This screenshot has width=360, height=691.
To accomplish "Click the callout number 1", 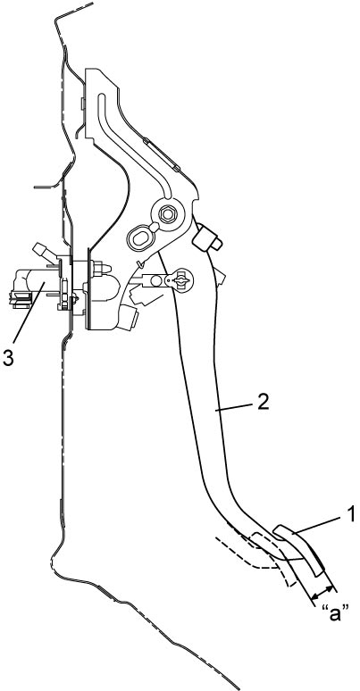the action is (x=350, y=514).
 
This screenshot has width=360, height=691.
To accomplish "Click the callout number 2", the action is (x=263, y=403).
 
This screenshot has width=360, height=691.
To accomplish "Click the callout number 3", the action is (x=8, y=358).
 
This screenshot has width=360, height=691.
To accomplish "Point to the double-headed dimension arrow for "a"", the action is (x=322, y=593).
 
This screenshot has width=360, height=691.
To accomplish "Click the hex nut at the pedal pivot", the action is (x=167, y=214).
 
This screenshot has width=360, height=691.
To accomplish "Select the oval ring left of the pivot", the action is (x=139, y=239).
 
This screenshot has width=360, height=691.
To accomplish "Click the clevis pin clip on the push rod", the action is (x=180, y=279).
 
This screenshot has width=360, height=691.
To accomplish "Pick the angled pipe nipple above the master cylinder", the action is (x=45, y=252).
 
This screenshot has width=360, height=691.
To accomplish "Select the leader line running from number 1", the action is (x=317, y=527).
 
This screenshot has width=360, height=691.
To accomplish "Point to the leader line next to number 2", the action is (x=235, y=407).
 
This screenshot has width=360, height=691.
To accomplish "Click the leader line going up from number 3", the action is (x=29, y=313).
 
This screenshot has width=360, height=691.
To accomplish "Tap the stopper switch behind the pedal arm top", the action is (x=206, y=237).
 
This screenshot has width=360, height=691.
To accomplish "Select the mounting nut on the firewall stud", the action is (x=98, y=269).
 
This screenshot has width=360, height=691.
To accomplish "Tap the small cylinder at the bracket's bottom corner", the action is (x=128, y=317).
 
